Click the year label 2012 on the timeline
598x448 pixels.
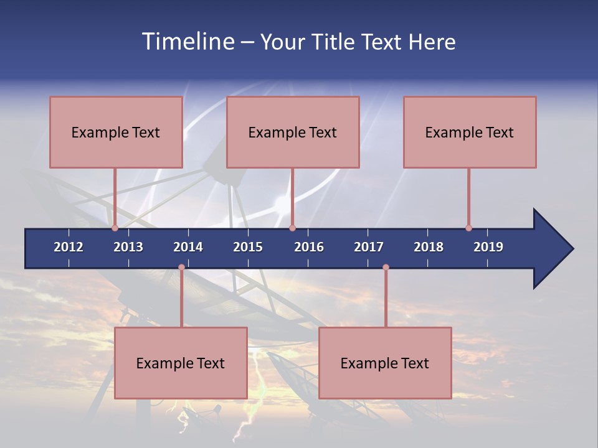click(x=69, y=247)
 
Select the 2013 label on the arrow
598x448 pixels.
click(x=128, y=247)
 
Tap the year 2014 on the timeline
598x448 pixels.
click(x=188, y=247)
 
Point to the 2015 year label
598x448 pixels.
click(x=248, y=247)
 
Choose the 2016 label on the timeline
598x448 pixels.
click(x=309, y=247)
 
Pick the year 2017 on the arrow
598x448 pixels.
click(x=369, y=247)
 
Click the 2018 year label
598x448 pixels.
click(x=429, y=247)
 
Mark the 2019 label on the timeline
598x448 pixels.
click(x=488, y=247)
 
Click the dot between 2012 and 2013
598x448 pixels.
click(x=115, y=228)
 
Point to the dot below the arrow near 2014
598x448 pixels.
click(x=181, y=268)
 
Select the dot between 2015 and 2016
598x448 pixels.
click(x=292, y=228)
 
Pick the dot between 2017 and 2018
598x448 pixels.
click(x=386, y=268)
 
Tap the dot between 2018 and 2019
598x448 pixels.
click(x=468, y=228)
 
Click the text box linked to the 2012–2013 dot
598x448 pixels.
click(x=116, y=132)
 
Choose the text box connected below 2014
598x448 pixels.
click(x=181, y=363)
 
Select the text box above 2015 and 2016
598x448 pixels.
click(x=293, y=132)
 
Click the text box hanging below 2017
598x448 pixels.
click(x=385, y=363)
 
